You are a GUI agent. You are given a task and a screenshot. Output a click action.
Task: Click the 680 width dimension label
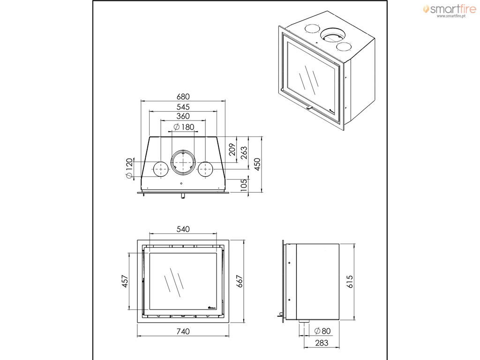(183, 97)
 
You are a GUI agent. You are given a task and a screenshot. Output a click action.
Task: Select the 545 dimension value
(183, 107)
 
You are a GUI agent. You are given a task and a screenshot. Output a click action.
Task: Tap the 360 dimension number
(183, 116)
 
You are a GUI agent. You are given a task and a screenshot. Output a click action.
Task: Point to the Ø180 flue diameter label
(184, 127)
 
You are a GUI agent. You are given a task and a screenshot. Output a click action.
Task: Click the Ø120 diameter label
(129, 168)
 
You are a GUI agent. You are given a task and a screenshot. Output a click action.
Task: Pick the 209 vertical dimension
(232, 150)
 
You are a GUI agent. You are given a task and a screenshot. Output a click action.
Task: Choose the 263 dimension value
(244, 153)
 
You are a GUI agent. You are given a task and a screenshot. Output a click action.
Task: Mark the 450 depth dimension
(257, 165)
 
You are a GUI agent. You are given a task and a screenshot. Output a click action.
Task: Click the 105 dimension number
(244, 186)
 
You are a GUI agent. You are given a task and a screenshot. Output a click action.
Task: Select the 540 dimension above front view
(183, 229)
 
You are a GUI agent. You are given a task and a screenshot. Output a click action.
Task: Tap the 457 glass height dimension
(125, 281)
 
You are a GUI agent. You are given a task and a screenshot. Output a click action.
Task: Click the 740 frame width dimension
(183, 331)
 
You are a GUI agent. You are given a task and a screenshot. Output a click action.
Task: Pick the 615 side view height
(350, 281)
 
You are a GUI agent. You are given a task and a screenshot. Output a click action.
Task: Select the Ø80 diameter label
(322, 331)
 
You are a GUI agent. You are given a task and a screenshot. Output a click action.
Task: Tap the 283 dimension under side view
(322, 343)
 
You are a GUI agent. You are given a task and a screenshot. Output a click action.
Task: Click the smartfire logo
(450, 10)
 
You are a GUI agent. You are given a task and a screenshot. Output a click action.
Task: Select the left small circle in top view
(161, 169)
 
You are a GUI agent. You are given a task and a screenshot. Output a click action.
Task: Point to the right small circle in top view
(205, 169)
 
